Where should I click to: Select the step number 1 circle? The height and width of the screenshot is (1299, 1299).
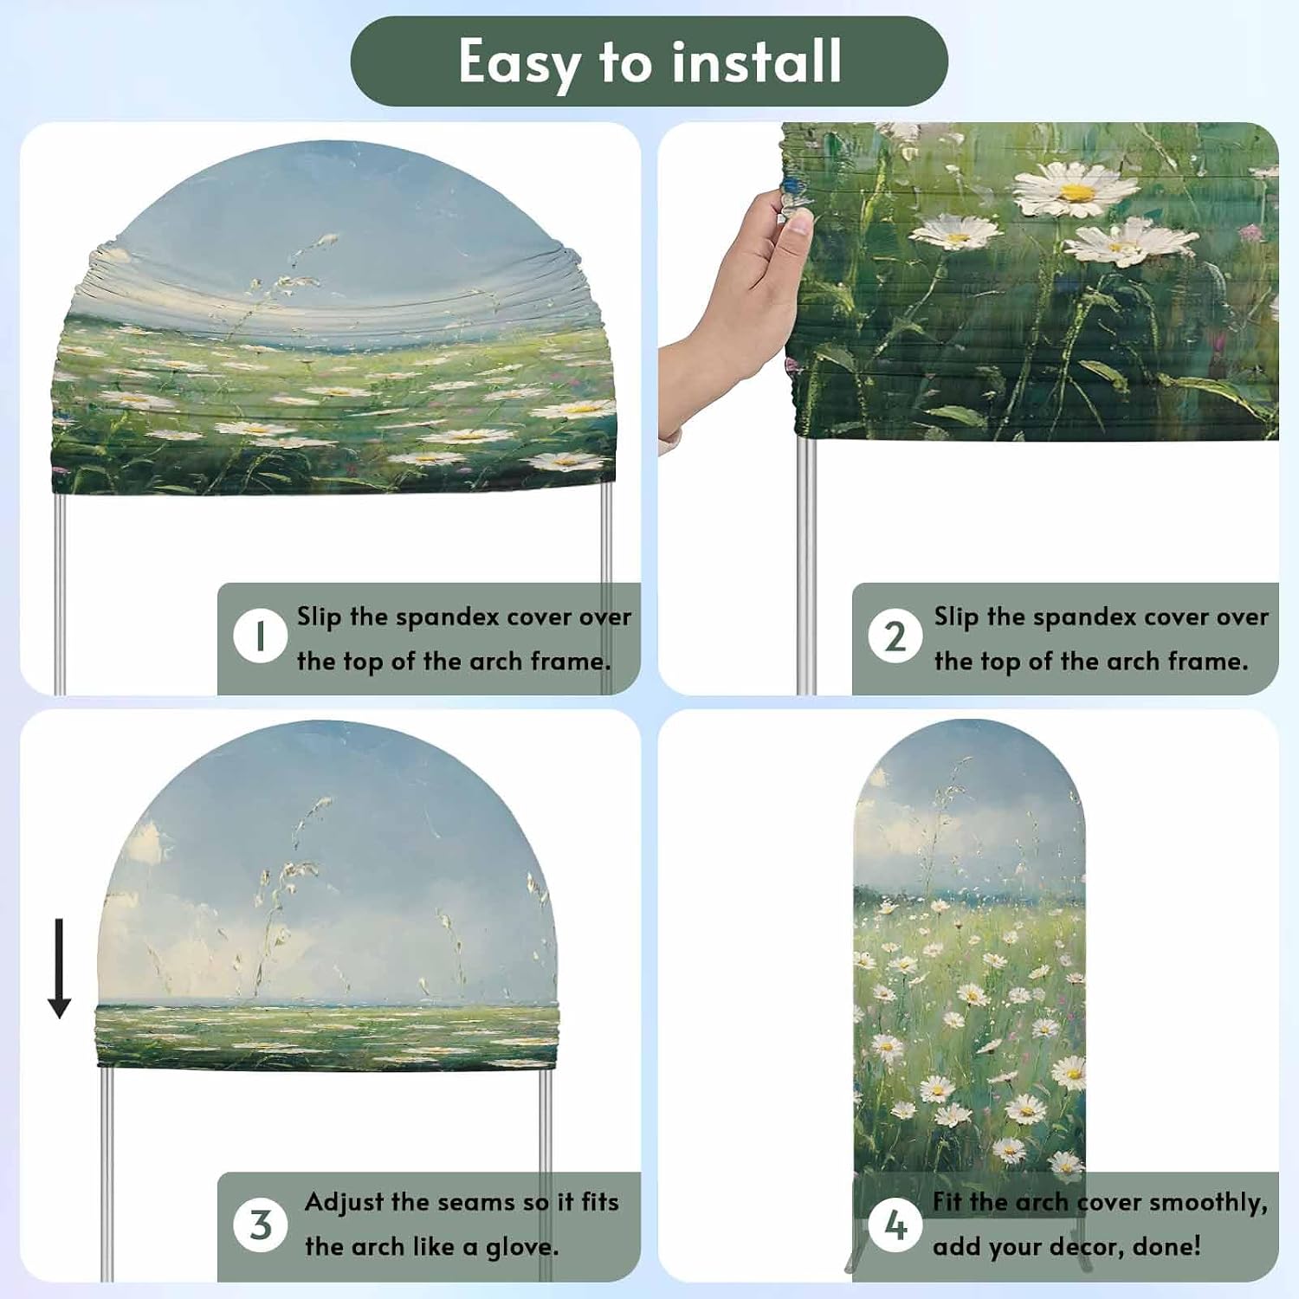tap(260, 637)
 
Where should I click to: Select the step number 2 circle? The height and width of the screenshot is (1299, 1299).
tap(895, 637)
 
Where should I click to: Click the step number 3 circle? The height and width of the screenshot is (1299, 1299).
tap(260, 1225)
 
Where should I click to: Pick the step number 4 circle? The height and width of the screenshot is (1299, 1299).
tap(895, 1225)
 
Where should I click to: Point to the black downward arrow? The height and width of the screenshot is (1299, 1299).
tap(59, 968)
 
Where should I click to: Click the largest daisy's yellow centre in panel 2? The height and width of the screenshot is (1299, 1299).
tap(1077, 191)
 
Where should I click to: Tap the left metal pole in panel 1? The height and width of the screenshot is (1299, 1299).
tap(60, 594)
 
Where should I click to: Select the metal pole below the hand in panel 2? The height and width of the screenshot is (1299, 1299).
tap(805, 566)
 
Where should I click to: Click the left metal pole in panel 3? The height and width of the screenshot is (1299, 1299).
tap(107, 1174)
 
